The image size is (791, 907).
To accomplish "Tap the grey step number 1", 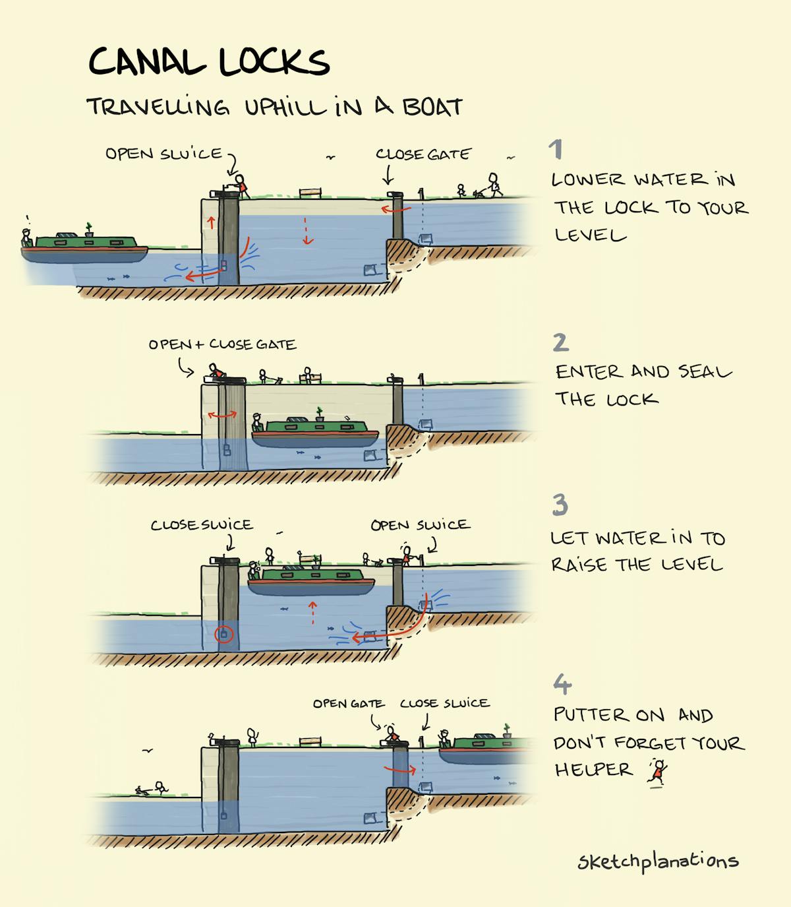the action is pyautogui.click(x=556, y=149).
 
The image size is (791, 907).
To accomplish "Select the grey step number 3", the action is pyautogui.click(x=560, y=505).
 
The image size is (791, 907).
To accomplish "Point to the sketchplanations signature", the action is pyautogui.click(x=658, y=861).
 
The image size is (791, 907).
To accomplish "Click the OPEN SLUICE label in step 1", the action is pyautogui.click(x=164, y=154).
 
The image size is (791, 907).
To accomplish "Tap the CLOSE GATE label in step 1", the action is pyautogui.click(x=423, y=154).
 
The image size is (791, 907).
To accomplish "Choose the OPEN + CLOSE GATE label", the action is pyautogui.click(x=222, y=344).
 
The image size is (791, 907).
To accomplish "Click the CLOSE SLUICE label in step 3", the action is pyautogui.click(x=202, y=525).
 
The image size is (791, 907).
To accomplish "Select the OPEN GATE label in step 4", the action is pyautogui.click(x=349, y=704).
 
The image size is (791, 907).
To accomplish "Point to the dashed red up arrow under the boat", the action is pyautogui.click(x=312, y=613).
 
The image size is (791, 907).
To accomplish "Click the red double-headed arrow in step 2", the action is pyautogui.click(x=223, y=416).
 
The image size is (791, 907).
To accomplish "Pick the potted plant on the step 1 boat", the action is pyautogui.click(x=89, y=230).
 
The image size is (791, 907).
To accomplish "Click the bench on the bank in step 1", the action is pyautogui.click(x=310, y=193).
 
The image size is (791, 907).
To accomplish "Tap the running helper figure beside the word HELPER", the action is pyautogui.click(x=657, y=772).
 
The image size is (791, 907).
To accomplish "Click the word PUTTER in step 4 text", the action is pyautogui.click(x=592, y=714).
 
